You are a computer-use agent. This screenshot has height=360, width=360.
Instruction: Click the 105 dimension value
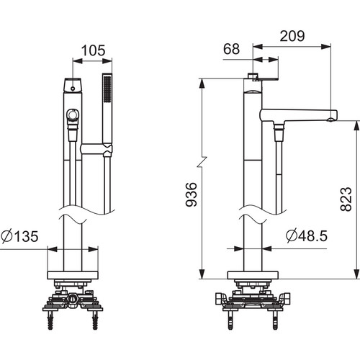(93, 50)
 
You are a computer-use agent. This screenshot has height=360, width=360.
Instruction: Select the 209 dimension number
(292, 36)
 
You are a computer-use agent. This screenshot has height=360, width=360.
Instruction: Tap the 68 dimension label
(231, 49)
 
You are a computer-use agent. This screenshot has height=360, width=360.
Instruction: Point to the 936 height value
(192, 194)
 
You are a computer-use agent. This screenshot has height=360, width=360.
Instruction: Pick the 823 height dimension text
(346, 199)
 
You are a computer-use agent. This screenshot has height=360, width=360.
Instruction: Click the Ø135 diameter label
(19, 236)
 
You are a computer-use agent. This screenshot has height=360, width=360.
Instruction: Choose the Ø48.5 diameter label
(307, 235)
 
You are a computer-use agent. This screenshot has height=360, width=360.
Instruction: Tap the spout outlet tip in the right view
(331, 120)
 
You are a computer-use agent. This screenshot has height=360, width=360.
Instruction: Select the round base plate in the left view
(73, 275)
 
